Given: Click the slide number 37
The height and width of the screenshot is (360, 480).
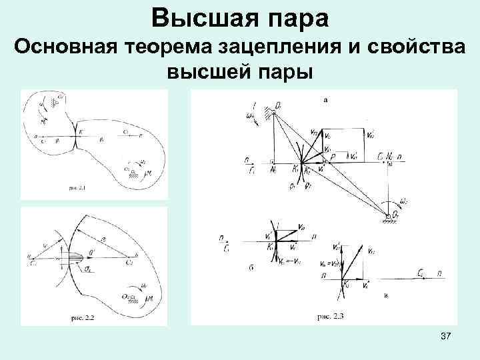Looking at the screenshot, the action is coord(446,339).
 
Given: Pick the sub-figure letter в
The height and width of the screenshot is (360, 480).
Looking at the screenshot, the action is coord(386,294).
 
